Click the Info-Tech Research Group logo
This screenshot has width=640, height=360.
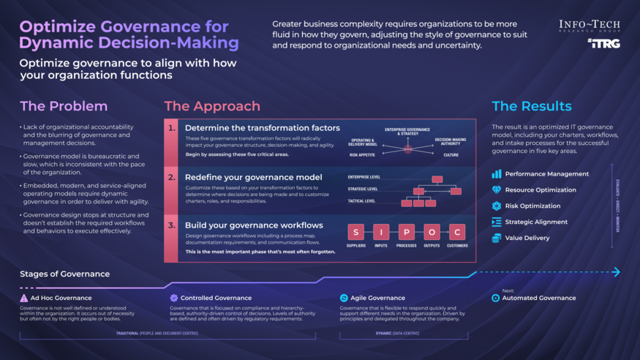(589, 26)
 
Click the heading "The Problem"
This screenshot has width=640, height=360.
(64, 106)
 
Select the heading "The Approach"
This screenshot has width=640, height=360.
(212, 106)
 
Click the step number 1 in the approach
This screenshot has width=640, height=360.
(173, 128)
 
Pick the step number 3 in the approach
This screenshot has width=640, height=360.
(173, 225)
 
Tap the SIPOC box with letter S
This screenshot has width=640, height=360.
(355, 233)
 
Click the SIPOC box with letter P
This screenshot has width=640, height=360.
(406, 233)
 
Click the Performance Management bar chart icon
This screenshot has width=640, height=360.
(497, 174)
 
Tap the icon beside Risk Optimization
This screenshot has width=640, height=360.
(497, 206)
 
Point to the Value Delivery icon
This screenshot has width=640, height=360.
(497, 238)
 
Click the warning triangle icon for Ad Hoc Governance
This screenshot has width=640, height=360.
(24, 299)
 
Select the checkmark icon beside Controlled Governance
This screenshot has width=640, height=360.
(173, 299)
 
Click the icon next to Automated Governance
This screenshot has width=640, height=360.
(496, 299)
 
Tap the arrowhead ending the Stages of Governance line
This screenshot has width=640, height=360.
(616, 272)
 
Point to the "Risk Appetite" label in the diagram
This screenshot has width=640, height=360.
(361, 155)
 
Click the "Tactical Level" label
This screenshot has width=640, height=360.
(361, 200)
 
